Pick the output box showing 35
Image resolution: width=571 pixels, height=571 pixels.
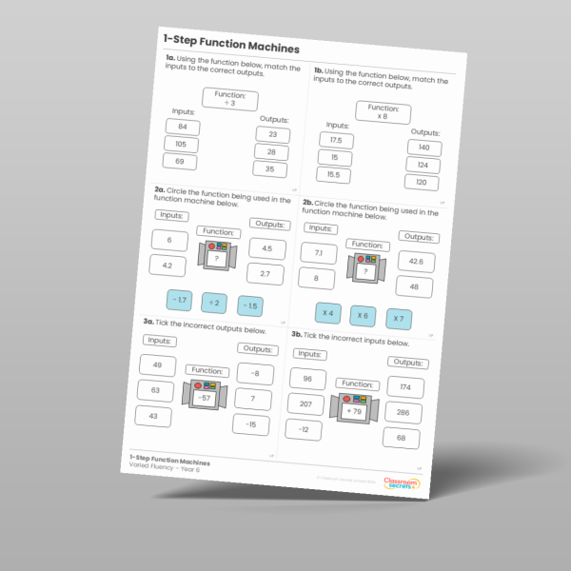click(269, 170)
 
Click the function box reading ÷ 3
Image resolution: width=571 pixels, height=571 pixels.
click(229, 100)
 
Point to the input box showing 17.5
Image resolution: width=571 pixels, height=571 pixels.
click(336, 141)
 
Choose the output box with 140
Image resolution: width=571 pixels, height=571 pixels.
click(423, 148)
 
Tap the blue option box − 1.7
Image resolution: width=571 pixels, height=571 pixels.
click(180, 301)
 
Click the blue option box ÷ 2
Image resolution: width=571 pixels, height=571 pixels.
click(215, 304)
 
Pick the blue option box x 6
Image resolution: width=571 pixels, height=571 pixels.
click(362, 315)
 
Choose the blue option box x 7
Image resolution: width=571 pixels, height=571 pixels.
click(397, 318)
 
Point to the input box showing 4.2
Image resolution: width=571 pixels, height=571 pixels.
click(167, 266)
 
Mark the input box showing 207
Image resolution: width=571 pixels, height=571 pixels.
click(305, 404)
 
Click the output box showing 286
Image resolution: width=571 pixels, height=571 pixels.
click(404, 413)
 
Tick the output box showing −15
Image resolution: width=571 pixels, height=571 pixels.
click(250, 423)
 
